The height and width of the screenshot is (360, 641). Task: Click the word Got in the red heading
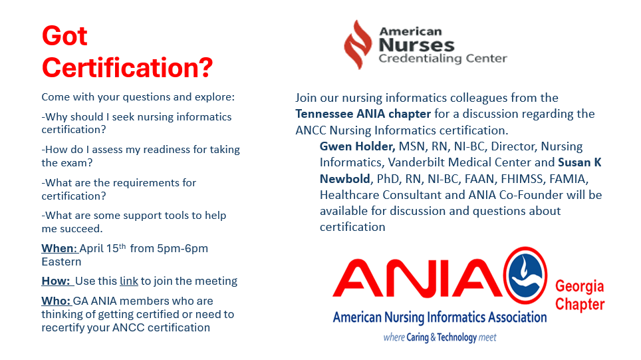[x=64, y=36]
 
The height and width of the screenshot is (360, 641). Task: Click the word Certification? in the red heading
[x=127, y=67]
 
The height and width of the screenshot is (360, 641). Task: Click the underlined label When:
[x=59, y=248]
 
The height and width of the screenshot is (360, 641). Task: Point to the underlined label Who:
[x=56, y=301]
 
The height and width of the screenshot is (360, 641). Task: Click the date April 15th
[x=103, y=248]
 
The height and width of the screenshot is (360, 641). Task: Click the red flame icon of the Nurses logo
[x=358, y=45]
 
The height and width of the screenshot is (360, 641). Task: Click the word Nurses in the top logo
[x=416, y=45]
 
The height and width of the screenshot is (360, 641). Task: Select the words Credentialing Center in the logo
[x=442, y=59]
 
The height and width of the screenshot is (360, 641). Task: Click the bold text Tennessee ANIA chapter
[x=363, y=114]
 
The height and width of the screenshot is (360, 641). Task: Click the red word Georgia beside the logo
[x=579, y=286]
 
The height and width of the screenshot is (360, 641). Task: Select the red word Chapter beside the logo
[x=579, y=305]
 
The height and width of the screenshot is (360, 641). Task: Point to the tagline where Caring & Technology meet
[x=440, y=337]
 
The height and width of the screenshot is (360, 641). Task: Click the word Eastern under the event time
[x=61, y=262]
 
